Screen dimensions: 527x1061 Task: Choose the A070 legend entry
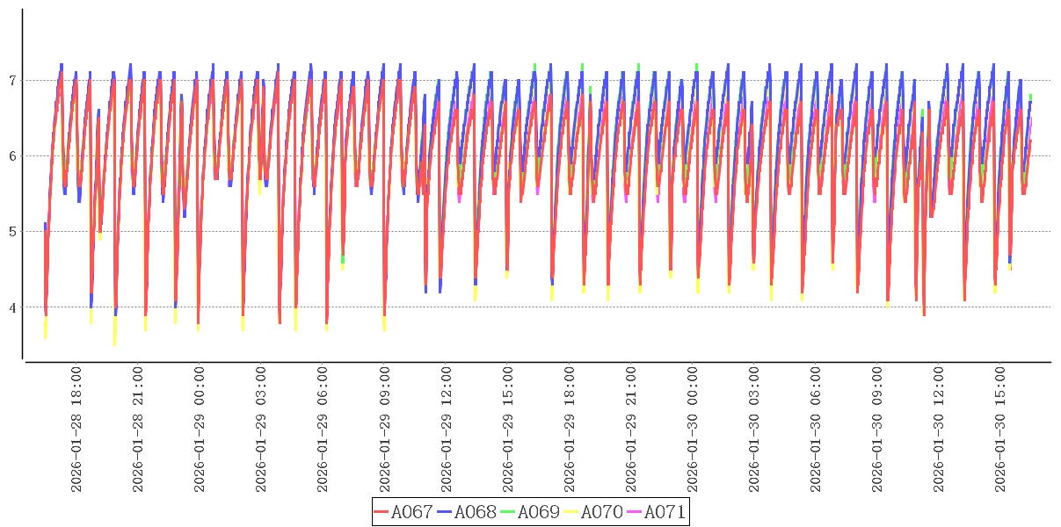pos(602,512)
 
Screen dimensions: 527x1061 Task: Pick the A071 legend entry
pos(665,512)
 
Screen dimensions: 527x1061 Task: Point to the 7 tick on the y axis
pos(13,81)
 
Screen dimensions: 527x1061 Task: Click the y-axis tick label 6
pos(13,156)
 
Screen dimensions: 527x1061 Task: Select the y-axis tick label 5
pos(13,232)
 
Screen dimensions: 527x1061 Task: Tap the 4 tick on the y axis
pos(13,307)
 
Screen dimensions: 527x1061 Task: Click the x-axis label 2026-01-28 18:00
pos(76,429)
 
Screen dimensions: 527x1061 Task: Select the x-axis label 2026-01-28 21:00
pos(138,429)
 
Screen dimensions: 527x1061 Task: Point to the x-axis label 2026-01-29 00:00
pos(200,429)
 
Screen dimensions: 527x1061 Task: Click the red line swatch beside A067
pos(382,512)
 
